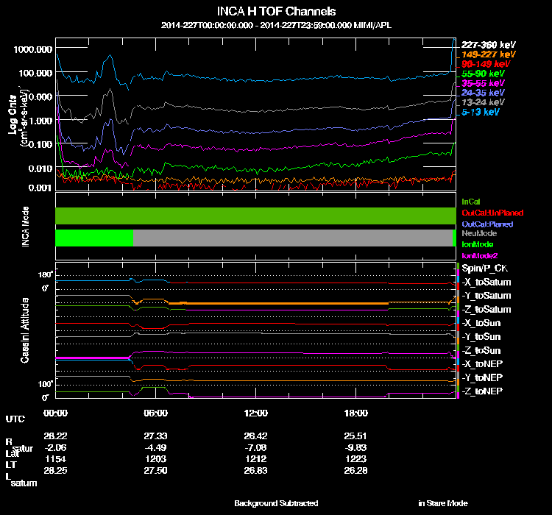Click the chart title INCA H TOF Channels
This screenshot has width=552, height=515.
click(x=276, y=12)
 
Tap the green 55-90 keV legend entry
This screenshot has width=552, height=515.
click(x=483, y=74)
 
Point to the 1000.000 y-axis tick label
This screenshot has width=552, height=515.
click(x=33, y=49)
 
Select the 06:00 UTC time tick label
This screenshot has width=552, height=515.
click(x=155, y=413)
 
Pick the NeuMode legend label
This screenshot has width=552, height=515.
click(x=478, y=233)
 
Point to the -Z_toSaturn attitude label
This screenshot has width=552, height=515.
click(x=486, y=309)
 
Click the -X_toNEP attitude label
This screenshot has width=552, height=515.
click(x=484, y=363)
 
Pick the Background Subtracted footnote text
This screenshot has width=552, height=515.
click(x=276, y=503)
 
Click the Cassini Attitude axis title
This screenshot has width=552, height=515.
click(x=24, y=331)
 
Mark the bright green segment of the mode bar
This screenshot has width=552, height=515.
click(x=94, y=238)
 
